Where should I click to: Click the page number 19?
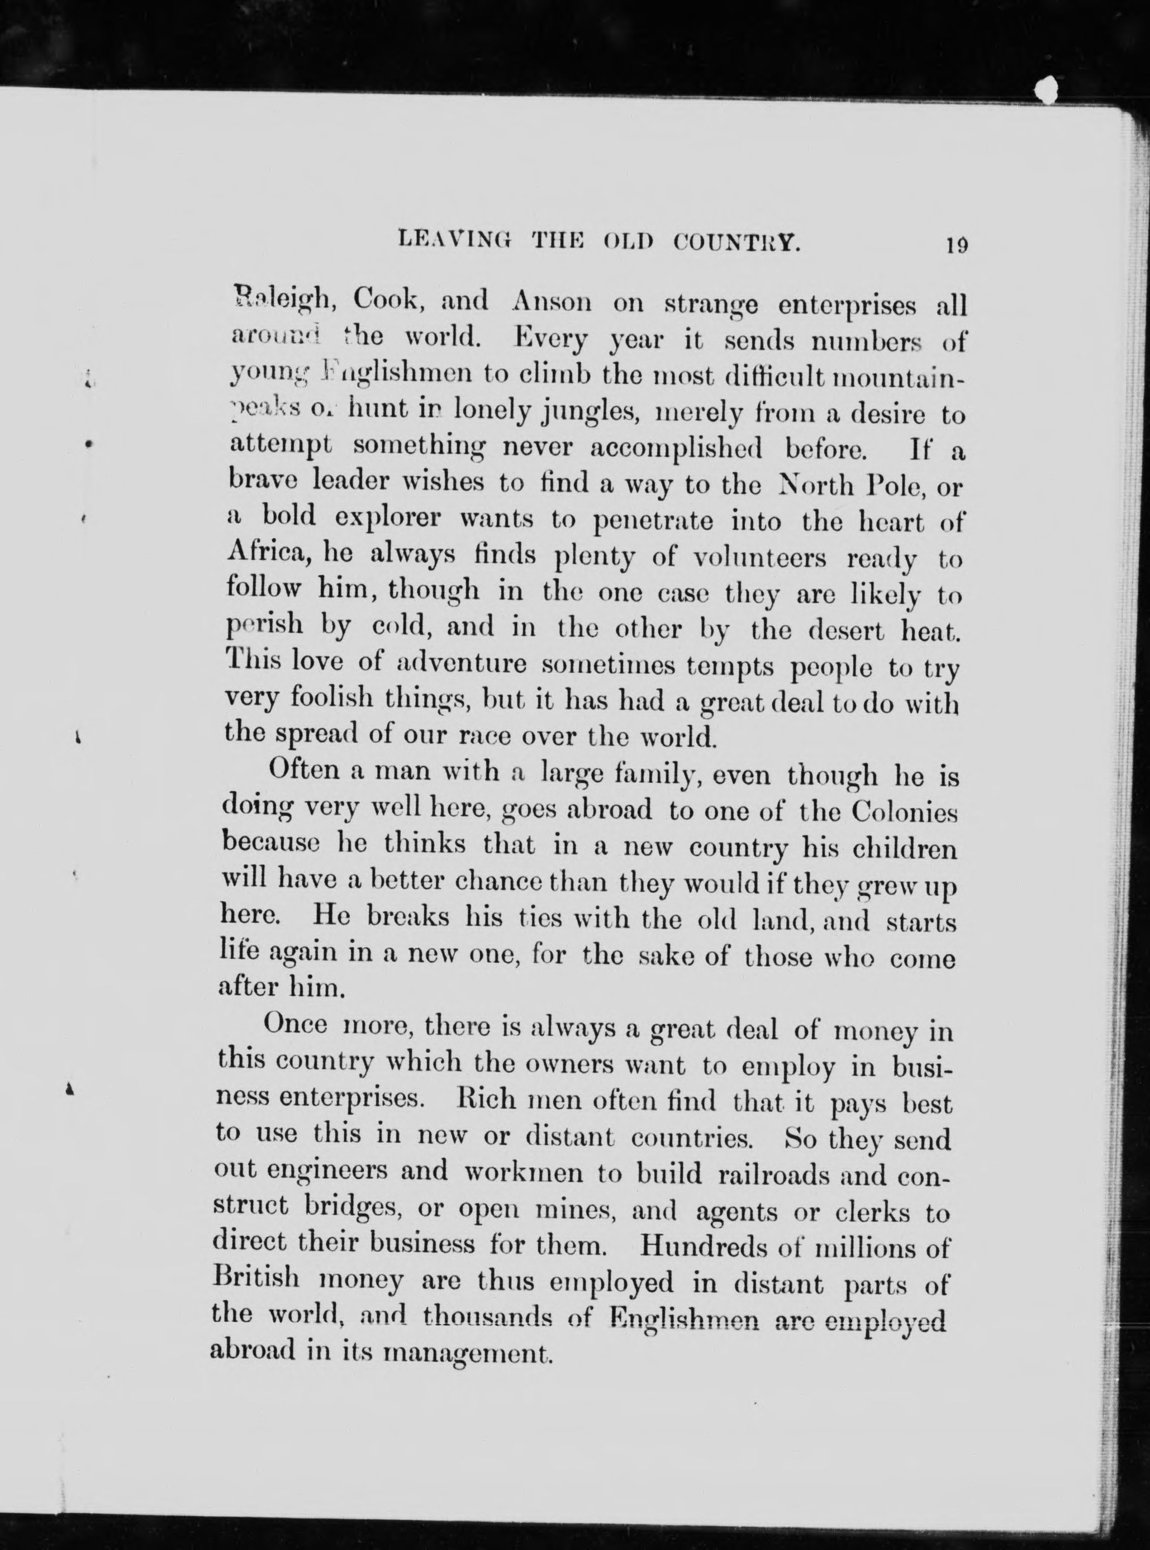click(x=956, y=245)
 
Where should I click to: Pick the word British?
click(x=255, y=1281)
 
